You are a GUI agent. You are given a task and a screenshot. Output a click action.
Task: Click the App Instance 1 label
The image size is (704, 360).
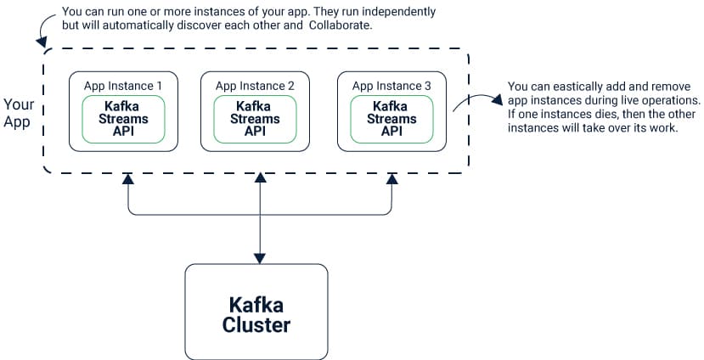tap(122, 86)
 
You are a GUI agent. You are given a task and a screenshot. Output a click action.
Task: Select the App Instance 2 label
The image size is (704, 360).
tap(255, 86)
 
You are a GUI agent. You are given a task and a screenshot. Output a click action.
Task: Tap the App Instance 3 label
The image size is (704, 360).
tap(391, 86)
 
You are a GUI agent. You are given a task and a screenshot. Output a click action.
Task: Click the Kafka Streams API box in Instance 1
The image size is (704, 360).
tap(123, 119)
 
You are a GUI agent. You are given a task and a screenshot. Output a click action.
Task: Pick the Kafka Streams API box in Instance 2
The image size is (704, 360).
tap(255, 119)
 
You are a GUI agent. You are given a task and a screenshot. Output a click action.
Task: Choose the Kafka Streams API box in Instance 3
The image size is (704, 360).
tap(392, 119)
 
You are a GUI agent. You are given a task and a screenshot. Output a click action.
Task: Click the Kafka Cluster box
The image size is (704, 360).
tap(256, 312)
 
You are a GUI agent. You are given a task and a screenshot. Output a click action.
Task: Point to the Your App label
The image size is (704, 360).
tap(19, 113)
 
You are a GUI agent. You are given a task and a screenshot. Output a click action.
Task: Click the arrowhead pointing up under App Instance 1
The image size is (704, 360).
tap(128, 179)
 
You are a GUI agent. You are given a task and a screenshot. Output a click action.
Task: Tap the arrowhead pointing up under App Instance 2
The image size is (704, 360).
tap(261, 177)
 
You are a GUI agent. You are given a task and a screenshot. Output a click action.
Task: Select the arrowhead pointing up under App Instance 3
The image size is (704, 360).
tap(392, 179)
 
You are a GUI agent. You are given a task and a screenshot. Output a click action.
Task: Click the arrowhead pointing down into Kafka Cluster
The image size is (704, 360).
tap(260, 259)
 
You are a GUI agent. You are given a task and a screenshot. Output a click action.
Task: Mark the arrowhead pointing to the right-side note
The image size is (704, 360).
tap(497, 99)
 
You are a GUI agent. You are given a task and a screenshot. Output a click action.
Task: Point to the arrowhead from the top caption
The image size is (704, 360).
tap(42, 42)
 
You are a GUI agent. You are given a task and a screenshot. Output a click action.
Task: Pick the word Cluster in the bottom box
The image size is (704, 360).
tap(256, 324)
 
